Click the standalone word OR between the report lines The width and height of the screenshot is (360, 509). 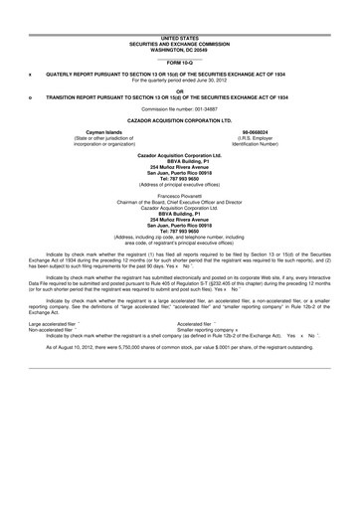180,89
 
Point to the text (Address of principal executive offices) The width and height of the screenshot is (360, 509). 180,186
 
